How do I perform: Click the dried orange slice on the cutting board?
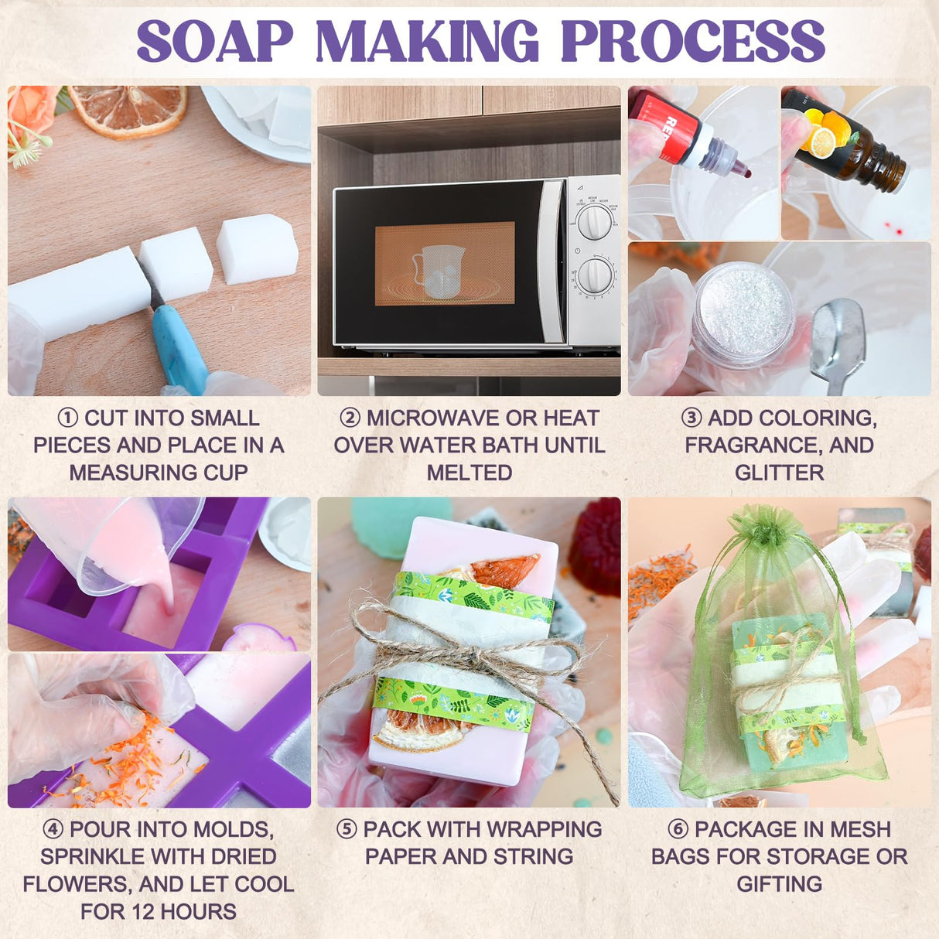[128, 110]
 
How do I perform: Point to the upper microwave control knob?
[594, 221]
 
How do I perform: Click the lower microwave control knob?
[594, 275]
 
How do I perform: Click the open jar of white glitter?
[743, 313]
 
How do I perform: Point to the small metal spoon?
[838, 340]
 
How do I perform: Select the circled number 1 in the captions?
[68, 418]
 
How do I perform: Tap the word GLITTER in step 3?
[779, 472]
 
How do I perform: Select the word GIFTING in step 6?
[779, 883]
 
